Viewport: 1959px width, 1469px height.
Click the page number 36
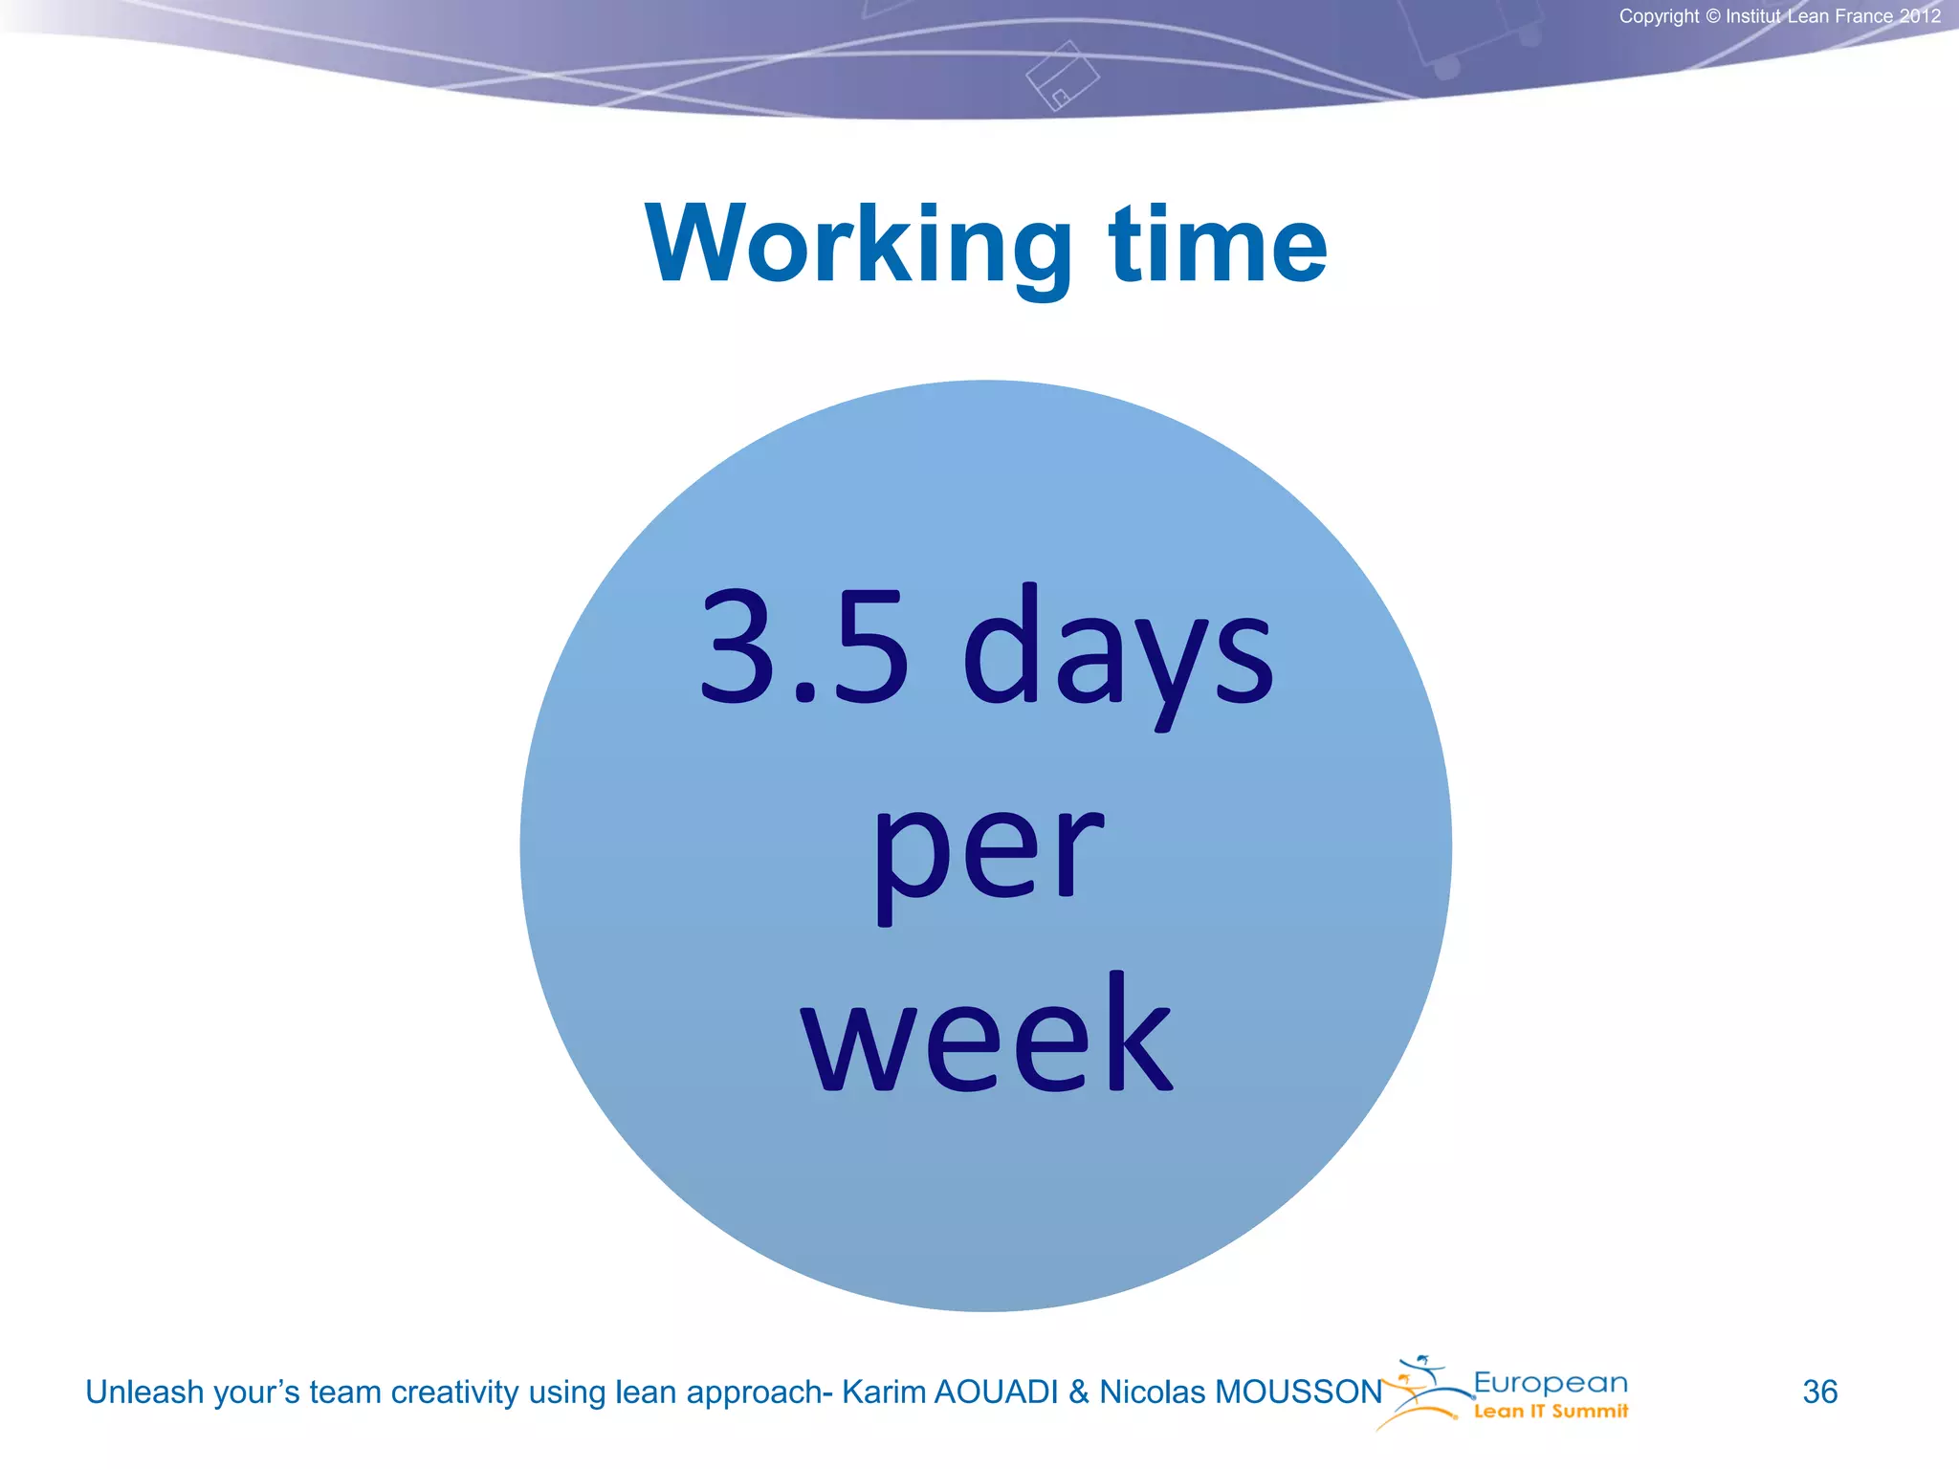(x=1819, y=1392)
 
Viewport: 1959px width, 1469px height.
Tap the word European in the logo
(x=1550, y=1383)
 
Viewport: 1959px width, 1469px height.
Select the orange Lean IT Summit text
(x=1550, y=1412)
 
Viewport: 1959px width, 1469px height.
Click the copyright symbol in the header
(x=1712, y=16)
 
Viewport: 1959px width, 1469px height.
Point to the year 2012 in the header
(x=1920, y=16)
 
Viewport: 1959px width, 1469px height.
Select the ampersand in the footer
(x=1079, y=1392)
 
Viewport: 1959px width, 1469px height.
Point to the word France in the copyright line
(x=1860, y=16)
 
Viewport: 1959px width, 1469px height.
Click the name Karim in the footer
(x=883, y=1392)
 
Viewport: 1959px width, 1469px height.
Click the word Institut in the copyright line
(x=1753, y=16)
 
